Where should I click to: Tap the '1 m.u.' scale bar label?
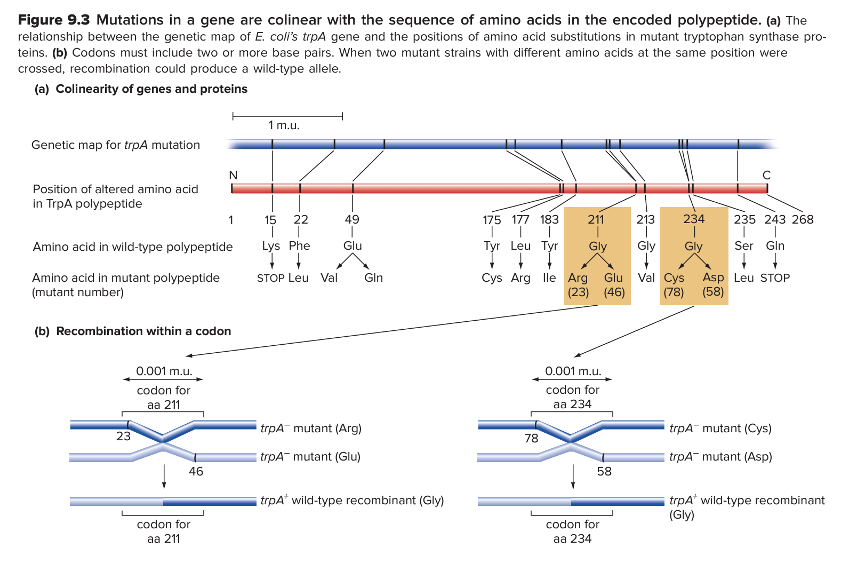pyautogui.click(x=284, y=125)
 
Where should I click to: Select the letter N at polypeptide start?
pyautogui.click(x=233, y=175)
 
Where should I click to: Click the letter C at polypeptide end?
pyautogui.click(x=766, y=175)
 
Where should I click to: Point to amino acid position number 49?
pyautogui.click(x=352, y=219)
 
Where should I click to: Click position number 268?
pyautogui.click(x=803, y=219)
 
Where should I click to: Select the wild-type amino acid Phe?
pyautogui.click(x=299, y=245)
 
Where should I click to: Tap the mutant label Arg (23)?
pyautogui.click(x=578, y=284)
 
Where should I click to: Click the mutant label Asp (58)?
pyautogui.click(x=713, y=284)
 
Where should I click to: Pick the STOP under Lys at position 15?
pyautogui.click(x=270, y=278)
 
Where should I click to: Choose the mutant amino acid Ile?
pyautogui.click(x=549, y=278)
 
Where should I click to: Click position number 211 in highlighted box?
pyautogui.click(x=596, y=219)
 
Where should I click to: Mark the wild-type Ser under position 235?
pyautogui.click(x=743, y=245)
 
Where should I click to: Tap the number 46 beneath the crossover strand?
pyautogui.click(x=196, y=471)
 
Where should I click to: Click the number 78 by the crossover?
pyautogui.click(x=531, y=438)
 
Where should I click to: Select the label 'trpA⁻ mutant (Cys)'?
pyautogui.click(x=720, y=428)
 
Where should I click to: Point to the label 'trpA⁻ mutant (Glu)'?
pyautogui.click(x=310, y=457)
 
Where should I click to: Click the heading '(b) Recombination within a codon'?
pyautogui.click(x=133, y=331)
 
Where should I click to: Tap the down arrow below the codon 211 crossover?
pyautogui.click(x=164, y=477)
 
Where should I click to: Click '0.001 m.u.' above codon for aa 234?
pyautogui.click(x=573, y=371)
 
